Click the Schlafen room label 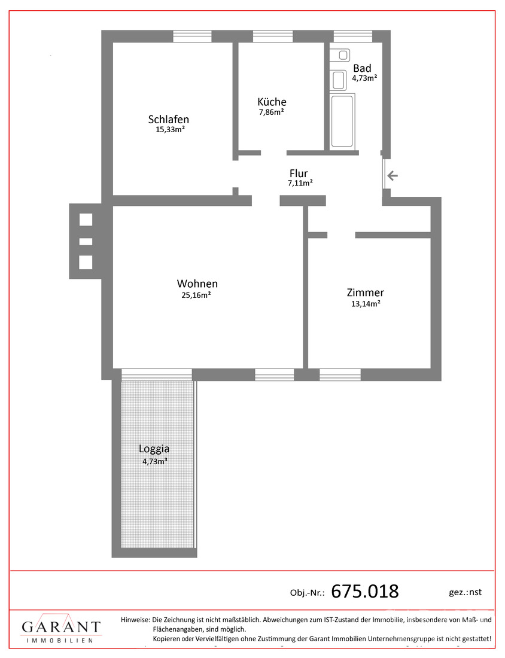[x=168, y=119]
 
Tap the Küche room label [x=272, y=102]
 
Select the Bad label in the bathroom [x=362, y=68]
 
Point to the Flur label [x=299, y=173]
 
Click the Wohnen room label [x=197, y=284]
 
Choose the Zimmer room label [x=365, y=293]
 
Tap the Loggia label [x=154, y=449]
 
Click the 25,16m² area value [x=196, y=295]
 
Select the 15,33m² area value [x=171, y=129]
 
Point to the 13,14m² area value [x=366, y=304]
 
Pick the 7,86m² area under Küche [x=272, y=112]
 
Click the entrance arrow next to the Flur [x=392, y=175]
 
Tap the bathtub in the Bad [x=342, y=122]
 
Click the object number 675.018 [x=365, y=591]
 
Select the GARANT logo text [x=61, y=627]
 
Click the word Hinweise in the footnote [x=135, y=619]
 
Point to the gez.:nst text [x=465, y=592]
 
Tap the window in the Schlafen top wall [x=192, y=36]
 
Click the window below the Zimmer [x=340, y=374]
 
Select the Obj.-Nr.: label [x=308, y=593]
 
